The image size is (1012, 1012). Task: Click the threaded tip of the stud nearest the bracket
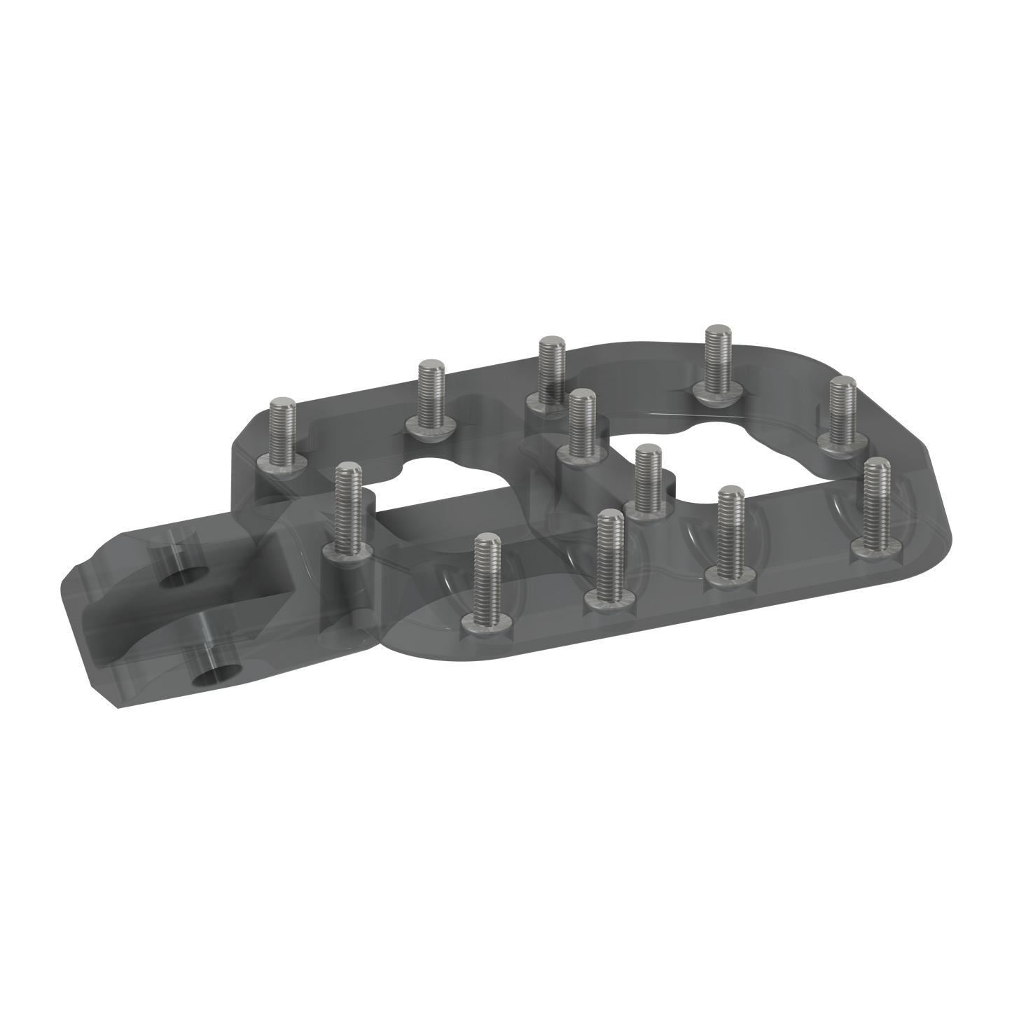(x=346, y=471)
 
